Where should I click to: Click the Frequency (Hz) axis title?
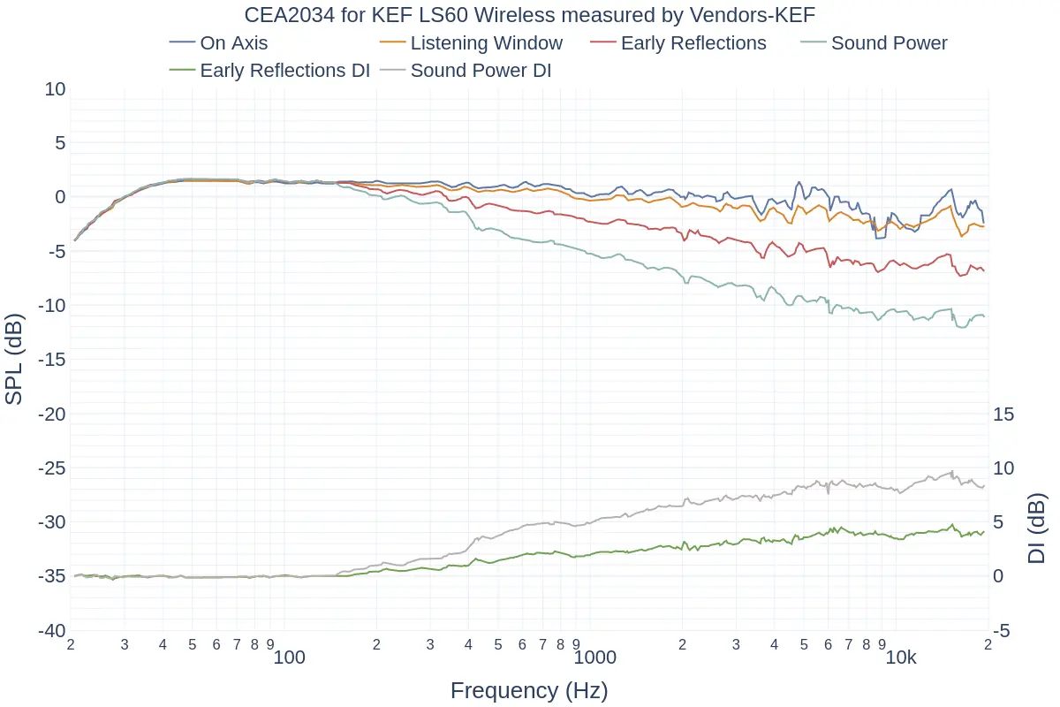point(529,690)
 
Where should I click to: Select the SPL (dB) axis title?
point(14,360)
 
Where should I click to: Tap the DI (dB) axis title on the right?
point(1037,528)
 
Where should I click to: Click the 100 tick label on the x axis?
point(289,658)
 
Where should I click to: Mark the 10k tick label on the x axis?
point(901,658)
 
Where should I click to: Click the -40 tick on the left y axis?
point(49,631)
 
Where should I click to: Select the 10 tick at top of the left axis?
point(55,89)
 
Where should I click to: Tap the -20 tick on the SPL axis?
point(49,414)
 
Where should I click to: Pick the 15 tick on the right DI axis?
point(1004,414)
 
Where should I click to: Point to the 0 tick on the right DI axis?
point(999,576)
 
